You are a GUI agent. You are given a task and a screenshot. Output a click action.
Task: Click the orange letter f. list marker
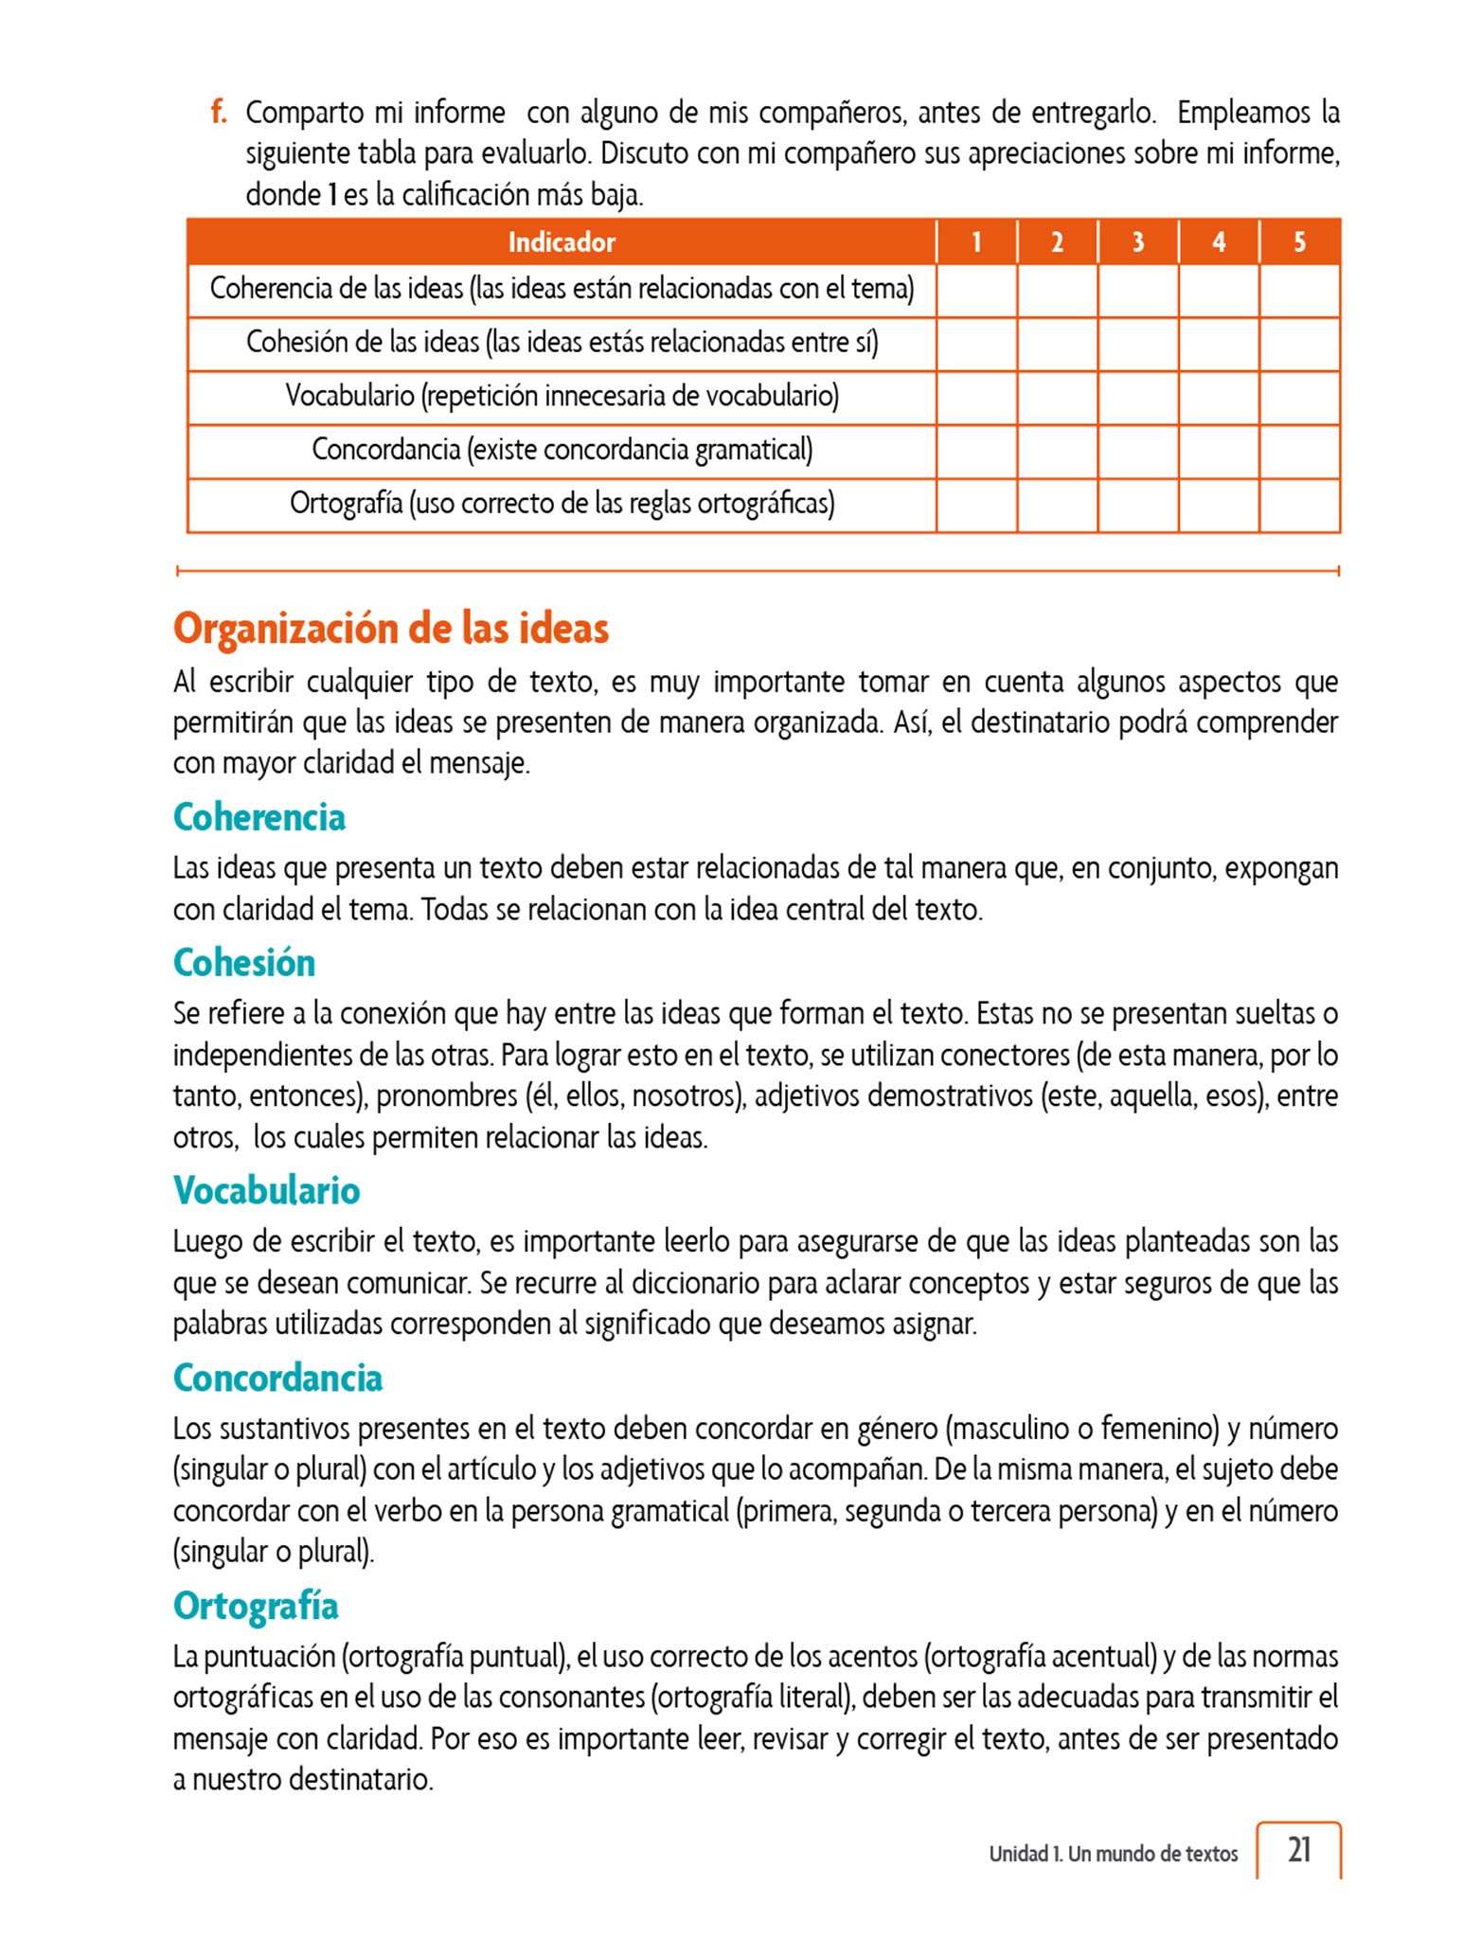pyautogui.click(x=219, y=113)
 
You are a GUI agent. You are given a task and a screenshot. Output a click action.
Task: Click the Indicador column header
pyautogui.click(x=562, y=242)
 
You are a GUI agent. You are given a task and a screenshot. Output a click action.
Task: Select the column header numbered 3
pyautogui.click(x=1137, y=242)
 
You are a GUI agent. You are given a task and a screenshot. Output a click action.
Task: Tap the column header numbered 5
pyautogui.click(x=1299, y=242)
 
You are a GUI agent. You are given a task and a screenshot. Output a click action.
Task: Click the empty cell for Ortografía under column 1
pyautogui.click(x=976, y=506)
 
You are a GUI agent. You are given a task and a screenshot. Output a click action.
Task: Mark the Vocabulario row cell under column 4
pyautogui.click(x=1219, y=398)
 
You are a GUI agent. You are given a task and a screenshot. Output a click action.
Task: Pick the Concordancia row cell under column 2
pyautogui.click(x=1057, y=452)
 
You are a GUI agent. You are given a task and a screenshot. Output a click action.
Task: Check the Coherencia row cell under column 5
pyautogui.click(x=1299, y=291)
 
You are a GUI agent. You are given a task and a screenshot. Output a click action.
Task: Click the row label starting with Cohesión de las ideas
pyautogui.click(x=562, y=343)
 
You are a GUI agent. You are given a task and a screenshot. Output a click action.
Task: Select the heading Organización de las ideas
pyautogui.click(x=390, y=629)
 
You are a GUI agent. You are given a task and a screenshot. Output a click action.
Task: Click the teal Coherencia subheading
pyautogui.click(x=259, y=817)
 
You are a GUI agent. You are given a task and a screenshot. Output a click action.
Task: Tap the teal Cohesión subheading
pyautogui.click(x=243, y=963)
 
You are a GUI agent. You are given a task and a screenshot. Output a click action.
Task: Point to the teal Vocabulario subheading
pyautogui.click(x=266, y=1190)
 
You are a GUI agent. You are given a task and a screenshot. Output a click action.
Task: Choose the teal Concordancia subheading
pyautogui.click(x=277, y=1378)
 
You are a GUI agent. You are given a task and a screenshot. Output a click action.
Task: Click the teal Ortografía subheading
pyautogui.click(x=255, y=1606)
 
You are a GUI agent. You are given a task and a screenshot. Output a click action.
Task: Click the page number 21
pyautogui.click(x=1299, y=1849)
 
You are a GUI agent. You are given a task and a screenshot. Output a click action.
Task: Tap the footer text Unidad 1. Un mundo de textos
pyautogui.click(x=1113, y=1854)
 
